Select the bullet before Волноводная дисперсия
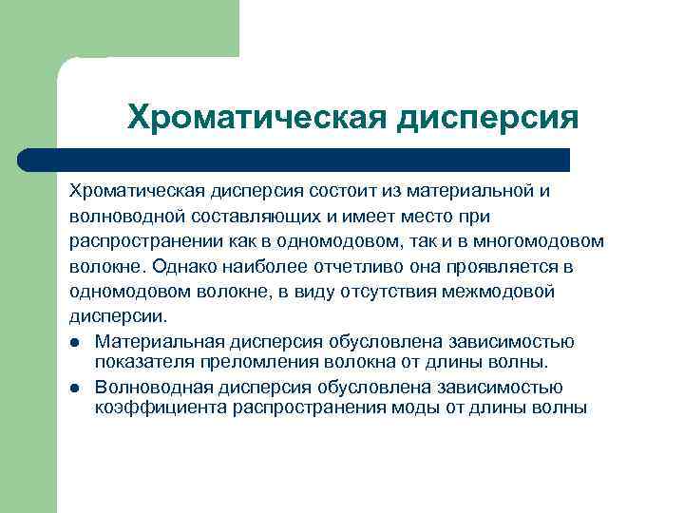click(74, 388)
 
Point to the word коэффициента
click(151, 408)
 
